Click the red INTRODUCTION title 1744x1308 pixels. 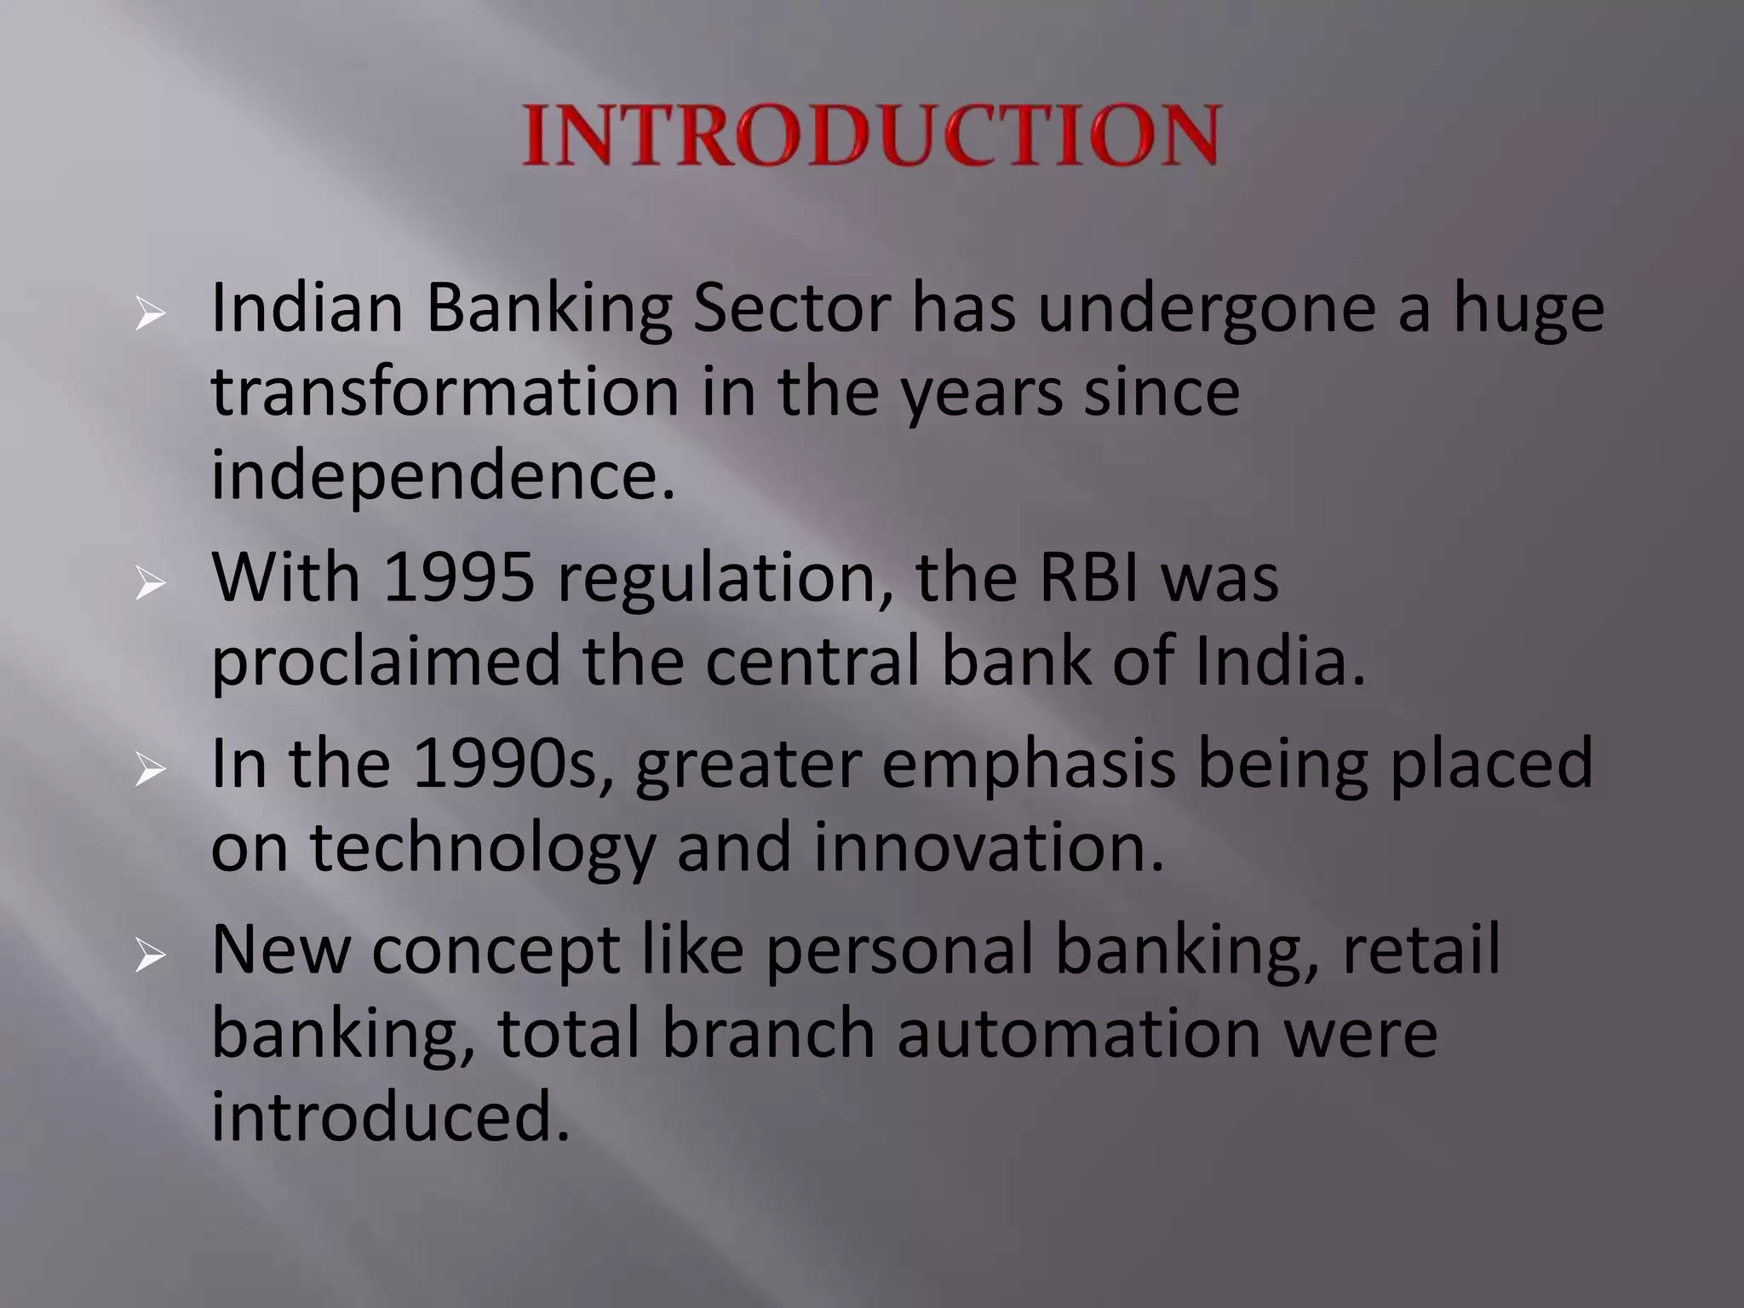[871, 135]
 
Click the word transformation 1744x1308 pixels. [445, 392]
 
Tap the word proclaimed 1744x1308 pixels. [386, 663]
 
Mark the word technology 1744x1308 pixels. [482, 850]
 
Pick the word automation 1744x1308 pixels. [1078, 1034]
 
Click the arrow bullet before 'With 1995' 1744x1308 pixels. [149, 586]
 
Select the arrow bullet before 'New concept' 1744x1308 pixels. [149, 958]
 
